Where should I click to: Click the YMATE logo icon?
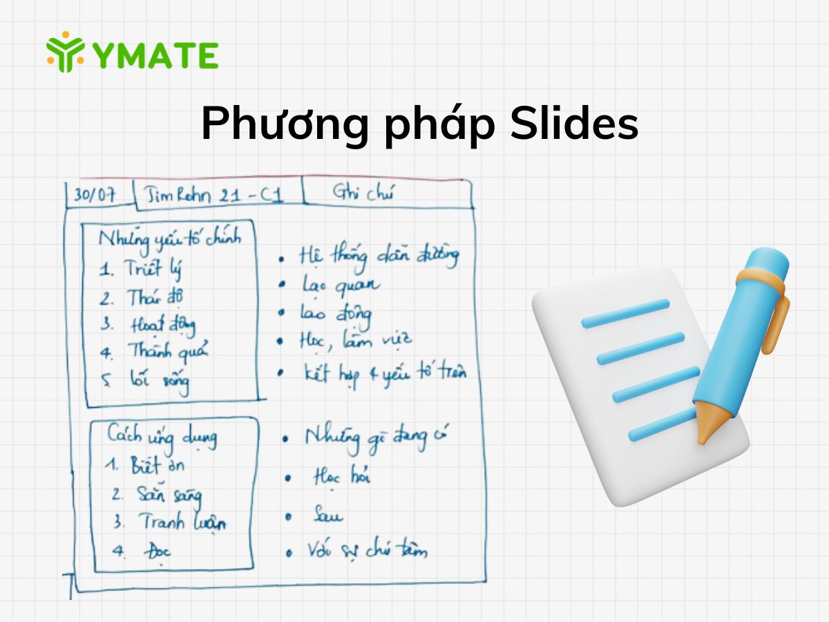66,52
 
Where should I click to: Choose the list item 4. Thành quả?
155,352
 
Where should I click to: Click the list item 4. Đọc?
141,551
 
